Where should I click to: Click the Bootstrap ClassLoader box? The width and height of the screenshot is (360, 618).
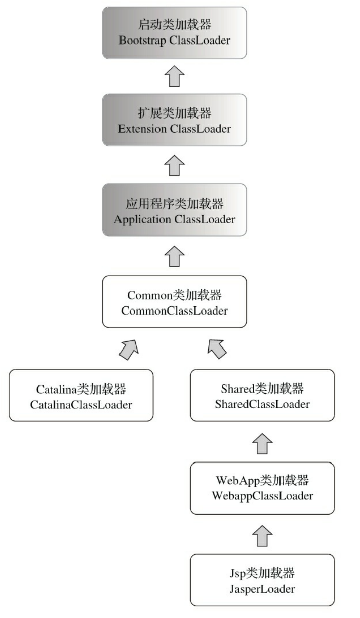tap(174, 32)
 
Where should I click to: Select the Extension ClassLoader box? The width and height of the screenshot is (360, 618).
tap(174, 121)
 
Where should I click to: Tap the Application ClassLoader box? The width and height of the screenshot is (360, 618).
tap(174, 210)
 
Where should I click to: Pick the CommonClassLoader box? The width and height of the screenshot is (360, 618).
tap(174, 301)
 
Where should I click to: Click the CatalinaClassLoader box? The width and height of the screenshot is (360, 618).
tap(81, 395)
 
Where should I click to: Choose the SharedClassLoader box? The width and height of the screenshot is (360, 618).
tap(262, 395)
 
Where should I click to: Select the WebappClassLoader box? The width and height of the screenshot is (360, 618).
tap(262, 488)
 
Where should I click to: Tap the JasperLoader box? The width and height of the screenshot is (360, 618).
tap(262, 580)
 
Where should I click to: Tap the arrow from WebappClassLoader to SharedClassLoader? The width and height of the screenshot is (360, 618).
tap(263, 442)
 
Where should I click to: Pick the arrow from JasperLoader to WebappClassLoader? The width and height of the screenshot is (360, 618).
tap(263, 534)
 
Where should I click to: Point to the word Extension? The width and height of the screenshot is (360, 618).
tap(142, 129)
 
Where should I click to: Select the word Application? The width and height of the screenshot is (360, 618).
tap(142, 219)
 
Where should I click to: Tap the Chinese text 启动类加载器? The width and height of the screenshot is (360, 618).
tap(174, 25)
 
